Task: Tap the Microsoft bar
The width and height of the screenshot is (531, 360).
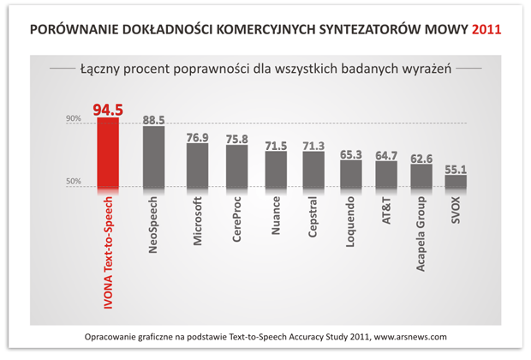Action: (198, 165)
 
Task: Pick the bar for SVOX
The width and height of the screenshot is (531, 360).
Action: (456, 182)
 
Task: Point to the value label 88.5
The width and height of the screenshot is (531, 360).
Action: (153, 119)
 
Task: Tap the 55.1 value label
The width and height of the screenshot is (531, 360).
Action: (456, 168)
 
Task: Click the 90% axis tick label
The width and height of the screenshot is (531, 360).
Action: (74, 120)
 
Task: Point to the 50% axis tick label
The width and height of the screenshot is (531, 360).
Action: (74, 182)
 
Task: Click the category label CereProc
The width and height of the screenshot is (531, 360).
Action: (236, 221)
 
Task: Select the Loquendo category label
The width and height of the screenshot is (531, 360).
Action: (350, 225)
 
